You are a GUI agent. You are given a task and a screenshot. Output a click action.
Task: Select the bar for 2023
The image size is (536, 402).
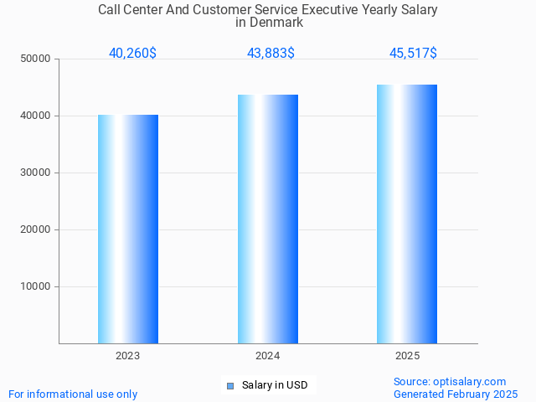128,229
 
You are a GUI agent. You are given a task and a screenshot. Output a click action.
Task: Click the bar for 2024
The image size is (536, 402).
268,219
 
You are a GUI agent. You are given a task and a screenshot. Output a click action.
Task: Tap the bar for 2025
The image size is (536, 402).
407,214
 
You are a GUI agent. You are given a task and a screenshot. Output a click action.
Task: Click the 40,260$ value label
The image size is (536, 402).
132,54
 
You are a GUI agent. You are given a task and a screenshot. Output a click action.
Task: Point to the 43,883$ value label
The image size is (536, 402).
271,54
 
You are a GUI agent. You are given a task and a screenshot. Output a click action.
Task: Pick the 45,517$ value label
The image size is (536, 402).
413,54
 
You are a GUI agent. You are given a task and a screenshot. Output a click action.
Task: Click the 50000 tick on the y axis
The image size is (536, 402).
37,59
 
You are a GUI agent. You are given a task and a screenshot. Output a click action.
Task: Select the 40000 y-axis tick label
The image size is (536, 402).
37,116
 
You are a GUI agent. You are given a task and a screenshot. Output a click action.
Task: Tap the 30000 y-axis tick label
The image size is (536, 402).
37,173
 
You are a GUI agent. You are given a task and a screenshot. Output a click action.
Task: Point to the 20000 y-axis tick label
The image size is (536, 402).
37,229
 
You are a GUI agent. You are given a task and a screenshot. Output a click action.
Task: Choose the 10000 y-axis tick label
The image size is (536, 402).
37,286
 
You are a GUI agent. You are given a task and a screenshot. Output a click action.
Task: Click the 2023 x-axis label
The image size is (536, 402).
128,356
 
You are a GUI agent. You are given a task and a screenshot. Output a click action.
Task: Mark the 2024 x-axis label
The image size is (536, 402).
268,356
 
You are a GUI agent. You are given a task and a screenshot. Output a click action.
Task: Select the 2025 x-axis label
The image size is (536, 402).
407,356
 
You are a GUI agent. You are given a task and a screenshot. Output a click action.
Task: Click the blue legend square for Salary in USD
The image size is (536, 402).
230,386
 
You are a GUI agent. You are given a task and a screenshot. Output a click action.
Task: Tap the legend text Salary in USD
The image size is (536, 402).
275,385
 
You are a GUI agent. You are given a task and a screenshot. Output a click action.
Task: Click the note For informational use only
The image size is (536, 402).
73,394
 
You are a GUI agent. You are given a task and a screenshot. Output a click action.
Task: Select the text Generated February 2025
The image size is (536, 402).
456,394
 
